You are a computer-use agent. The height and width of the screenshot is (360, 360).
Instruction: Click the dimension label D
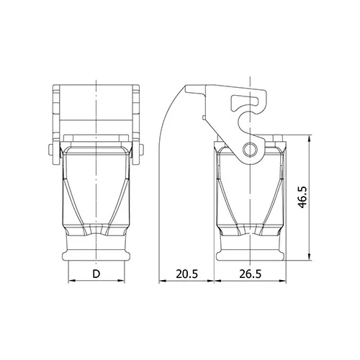(96, 274)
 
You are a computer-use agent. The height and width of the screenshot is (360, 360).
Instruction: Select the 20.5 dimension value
(187, 274)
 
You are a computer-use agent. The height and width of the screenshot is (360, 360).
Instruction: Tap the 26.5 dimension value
(250, 274)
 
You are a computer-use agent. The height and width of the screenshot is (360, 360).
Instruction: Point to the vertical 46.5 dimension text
(302, 197)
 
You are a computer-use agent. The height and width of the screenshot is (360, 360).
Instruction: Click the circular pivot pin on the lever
(250, 150)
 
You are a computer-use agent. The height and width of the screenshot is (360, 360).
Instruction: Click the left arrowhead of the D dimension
(72, 280)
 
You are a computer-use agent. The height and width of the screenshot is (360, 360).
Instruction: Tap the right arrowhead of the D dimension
(121, 280)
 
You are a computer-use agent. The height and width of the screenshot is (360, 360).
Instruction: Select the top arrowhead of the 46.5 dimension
(310, 138)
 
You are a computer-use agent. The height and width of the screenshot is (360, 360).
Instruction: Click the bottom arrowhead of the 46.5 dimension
(310, 257)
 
